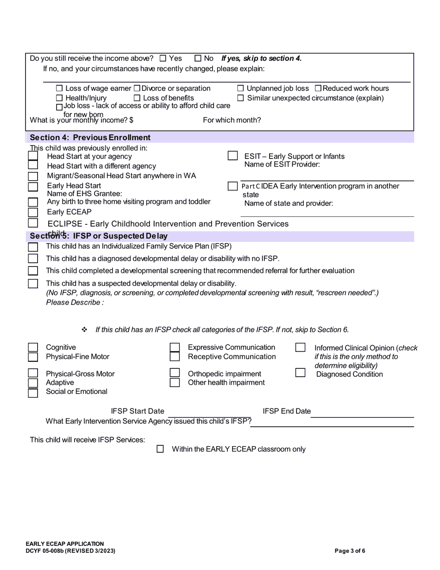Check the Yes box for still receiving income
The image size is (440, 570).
(163, 58)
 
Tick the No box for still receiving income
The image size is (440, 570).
(198, 58)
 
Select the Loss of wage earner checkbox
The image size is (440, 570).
(59, 89)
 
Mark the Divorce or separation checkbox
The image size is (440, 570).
(137, 89)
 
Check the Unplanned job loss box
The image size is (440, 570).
(240, 89)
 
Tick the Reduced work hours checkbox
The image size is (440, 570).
(318, 89)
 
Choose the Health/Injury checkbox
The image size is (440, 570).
(59, 98)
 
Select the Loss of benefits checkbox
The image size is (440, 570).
(137, 98)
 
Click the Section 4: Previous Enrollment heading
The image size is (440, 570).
(90, 138)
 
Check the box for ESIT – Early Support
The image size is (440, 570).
(233, 156)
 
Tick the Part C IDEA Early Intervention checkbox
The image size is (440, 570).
(233, 186)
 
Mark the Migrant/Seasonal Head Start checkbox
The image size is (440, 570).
(33, 176)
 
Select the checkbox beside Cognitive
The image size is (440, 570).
(33, 348)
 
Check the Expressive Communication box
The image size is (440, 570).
(175, 348)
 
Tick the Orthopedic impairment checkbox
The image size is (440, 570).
(175, 374)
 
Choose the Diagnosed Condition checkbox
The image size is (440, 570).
(301, 373)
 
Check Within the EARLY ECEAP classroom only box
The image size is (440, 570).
(160, 449)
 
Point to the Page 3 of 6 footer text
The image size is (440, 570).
(350, 551)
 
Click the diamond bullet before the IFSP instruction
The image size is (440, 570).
(84, 330)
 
